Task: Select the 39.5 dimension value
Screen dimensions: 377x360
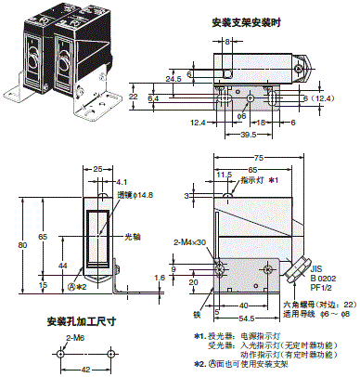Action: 218,136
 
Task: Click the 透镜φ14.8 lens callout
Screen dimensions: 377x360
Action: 135,196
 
